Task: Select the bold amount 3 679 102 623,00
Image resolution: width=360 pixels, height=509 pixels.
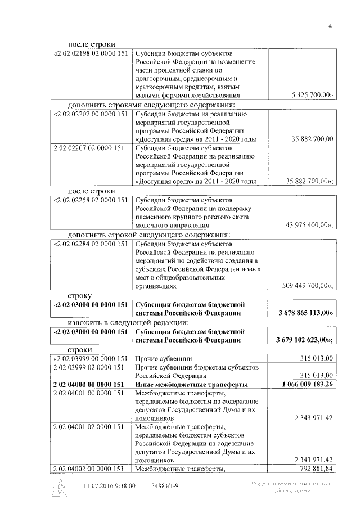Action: click(x=305, y=340)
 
